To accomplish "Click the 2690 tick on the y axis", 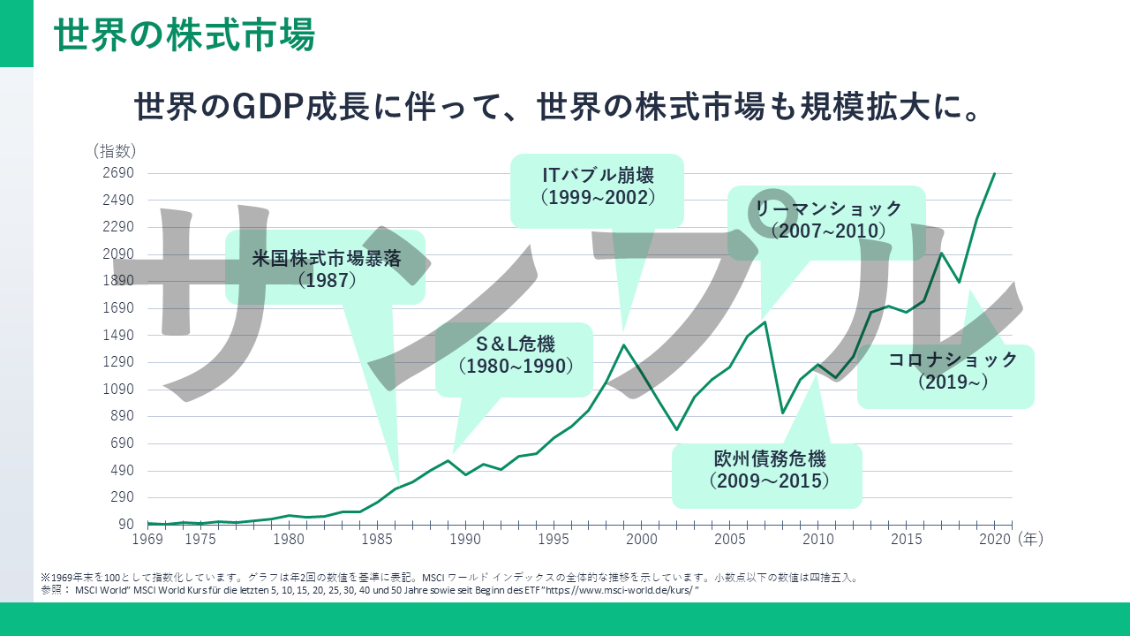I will tap(117, 173).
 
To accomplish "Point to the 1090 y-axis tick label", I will tap(117, 390).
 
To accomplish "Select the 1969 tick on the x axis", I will tap(147, 538).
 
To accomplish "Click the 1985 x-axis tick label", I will tap(377, 538).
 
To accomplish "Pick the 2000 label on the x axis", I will tap(642, 538).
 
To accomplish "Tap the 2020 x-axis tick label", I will tap(995, 538).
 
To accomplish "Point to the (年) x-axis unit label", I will tap(1030, 538).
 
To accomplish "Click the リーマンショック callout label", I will tap(827, 208).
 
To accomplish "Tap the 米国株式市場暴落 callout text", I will tap(327, 260).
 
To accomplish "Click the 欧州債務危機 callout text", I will tap(768, 459).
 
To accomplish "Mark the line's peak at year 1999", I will tap(623, 344).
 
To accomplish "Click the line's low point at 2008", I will tap(782, 413).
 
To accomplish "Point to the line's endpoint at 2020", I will tap(995, 173).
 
